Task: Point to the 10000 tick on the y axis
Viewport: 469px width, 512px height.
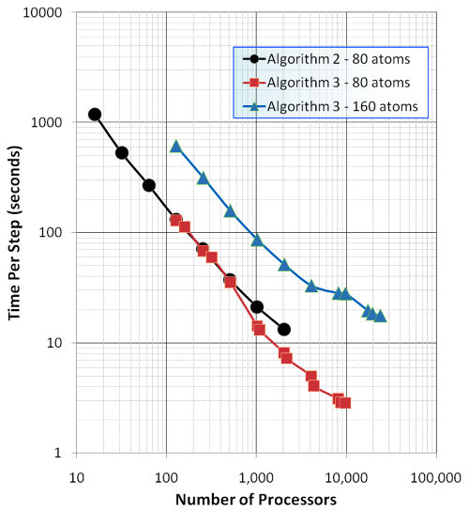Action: (x=42, y=12)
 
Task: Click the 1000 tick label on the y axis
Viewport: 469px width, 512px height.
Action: (x=46, y=122)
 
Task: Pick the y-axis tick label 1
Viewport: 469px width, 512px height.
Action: (x=57, y=453)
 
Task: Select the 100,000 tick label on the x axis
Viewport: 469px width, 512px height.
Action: (x=436, y=478)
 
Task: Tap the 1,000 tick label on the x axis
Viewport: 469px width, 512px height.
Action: (x=256, y=478)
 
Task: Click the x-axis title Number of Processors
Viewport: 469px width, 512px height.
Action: (x=256, y=500)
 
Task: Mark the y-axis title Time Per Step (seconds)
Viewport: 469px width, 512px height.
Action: (x=14, y=233)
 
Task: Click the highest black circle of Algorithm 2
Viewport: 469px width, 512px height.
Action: (x=95, y=115)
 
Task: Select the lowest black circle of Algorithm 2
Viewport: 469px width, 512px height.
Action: (x=284, y=330)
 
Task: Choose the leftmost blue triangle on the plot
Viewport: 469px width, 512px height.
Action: (x=176, y=147)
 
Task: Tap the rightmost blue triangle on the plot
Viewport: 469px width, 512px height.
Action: (x=380, y=316)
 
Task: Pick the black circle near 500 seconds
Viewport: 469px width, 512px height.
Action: (x=122, y=153)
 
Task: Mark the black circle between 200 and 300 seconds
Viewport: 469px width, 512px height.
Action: (x=149, y=185)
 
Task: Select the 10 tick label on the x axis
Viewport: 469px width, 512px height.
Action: (x=77, y=478)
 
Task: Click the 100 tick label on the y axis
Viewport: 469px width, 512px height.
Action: (x=51, y=232)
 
